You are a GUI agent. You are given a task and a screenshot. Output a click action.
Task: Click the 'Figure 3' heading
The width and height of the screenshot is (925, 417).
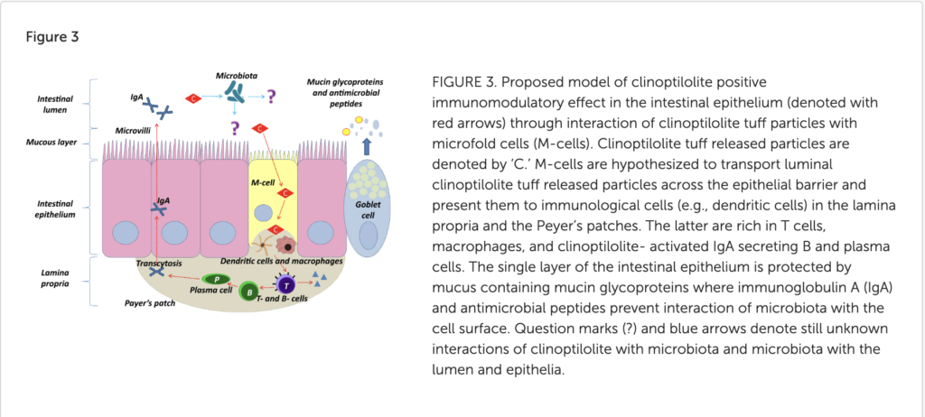(57, 38)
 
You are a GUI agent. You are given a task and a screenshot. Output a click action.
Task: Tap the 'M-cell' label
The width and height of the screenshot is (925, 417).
(261, 182)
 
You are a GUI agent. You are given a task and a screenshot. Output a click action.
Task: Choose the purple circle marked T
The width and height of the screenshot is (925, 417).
(287, 285)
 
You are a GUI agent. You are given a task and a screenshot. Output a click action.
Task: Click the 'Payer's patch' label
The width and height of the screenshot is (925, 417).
(148, 305)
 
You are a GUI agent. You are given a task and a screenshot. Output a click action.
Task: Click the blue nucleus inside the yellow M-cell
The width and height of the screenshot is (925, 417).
(261, 213)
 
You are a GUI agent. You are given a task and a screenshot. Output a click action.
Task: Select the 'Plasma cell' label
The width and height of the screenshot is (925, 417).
(211, 292)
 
